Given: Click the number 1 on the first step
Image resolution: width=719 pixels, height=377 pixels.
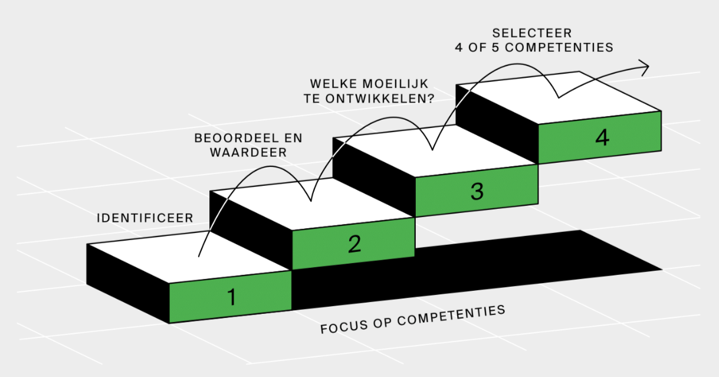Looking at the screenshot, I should tap(232, 297).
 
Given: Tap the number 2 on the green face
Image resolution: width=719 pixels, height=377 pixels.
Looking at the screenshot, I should tap(354, 243).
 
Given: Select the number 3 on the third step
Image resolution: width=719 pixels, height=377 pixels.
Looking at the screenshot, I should tap(477, 191).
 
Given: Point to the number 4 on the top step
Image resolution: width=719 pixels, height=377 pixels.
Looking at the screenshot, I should tap(602, 138).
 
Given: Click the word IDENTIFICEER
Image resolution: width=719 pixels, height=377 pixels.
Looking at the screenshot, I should tap(145, 218).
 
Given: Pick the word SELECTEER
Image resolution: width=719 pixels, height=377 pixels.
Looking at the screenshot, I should tap(533, 34).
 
